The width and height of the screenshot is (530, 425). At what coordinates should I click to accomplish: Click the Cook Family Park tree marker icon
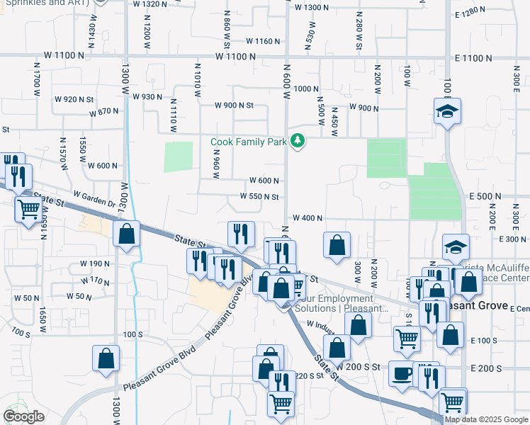coord(298,142)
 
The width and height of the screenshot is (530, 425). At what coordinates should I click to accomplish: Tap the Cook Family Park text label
coord(249,142)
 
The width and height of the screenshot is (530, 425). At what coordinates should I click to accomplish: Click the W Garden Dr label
coord(94,197)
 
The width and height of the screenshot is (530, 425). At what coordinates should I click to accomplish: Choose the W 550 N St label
coord(259,197)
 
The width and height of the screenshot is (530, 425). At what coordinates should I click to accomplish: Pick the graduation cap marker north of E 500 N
coord(447,111)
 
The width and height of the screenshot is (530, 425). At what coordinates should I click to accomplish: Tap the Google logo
coord(23,416)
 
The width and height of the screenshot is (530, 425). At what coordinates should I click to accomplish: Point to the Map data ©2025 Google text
coord(485,419)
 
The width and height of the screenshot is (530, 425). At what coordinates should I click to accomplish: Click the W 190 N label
coord(95,263)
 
